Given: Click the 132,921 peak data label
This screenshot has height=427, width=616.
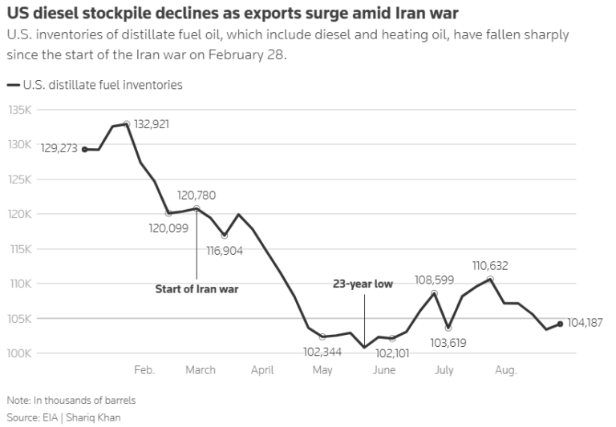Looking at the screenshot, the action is point(152,124).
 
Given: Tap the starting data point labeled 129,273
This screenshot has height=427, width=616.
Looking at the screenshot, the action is point(84,150).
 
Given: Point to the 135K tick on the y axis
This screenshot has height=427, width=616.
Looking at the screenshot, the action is point(19,110).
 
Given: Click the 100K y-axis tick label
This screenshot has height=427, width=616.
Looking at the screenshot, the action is point(19,353).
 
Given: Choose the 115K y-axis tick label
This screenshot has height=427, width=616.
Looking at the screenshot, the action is point(20,249).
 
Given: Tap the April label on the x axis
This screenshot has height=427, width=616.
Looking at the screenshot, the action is point(262,370).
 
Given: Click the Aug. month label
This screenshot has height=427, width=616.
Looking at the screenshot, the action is point(505,370).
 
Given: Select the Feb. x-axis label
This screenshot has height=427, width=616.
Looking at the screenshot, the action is point(144,370).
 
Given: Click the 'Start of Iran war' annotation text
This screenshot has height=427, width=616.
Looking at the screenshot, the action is point(197,289).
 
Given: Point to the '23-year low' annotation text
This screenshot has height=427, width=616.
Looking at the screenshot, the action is point(363,284).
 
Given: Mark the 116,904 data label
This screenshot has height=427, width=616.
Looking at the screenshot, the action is point(225,251).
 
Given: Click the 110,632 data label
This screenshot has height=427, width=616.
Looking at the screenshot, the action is point(490,266).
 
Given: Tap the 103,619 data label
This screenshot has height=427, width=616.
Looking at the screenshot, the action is point(448,343).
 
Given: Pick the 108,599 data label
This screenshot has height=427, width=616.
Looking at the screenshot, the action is point(435,280).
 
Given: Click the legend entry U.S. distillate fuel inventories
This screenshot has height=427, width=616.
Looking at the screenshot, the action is point(95,85).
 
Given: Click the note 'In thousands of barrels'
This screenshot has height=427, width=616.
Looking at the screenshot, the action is point(84,401).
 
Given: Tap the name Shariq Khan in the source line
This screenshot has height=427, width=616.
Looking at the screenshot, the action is point(93,417).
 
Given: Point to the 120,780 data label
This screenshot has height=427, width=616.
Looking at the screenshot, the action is point(197,195).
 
